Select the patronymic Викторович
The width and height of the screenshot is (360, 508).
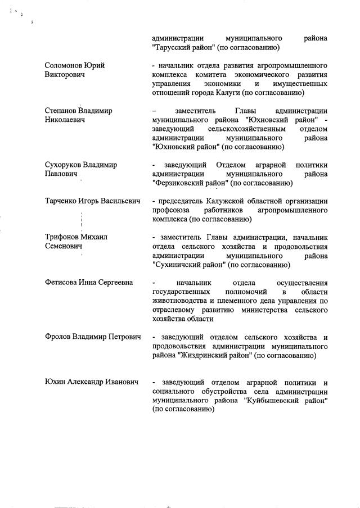click(x=64, y=75)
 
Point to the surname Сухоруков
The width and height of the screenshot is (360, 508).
click(x=63, y=165)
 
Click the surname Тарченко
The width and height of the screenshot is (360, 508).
click(x=61, y=201)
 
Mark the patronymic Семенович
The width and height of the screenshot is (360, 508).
click(x=64, y=246)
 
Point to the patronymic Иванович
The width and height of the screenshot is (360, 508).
click(x=119, y=382)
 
